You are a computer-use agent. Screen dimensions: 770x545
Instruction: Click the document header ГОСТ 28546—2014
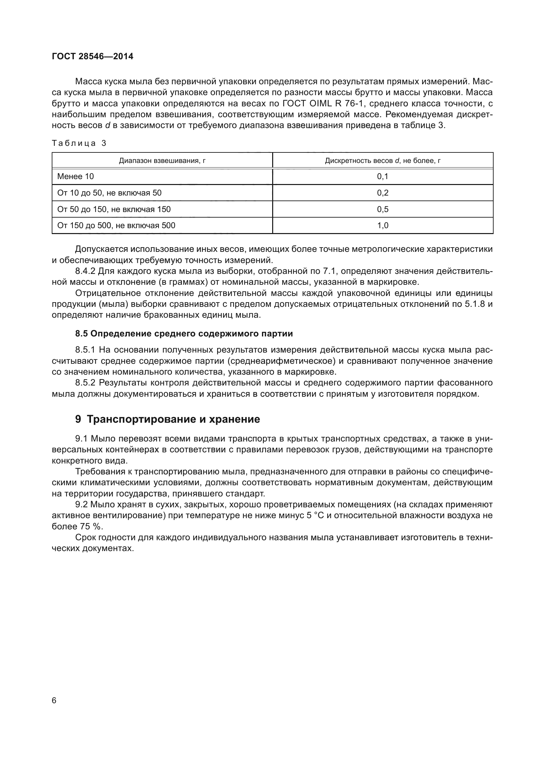point(93,56)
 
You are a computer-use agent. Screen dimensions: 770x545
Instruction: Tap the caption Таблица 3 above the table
point(79,143)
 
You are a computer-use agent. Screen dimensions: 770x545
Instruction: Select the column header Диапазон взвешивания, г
point(162,161)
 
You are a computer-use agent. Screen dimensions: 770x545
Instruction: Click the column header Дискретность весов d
point(383,161)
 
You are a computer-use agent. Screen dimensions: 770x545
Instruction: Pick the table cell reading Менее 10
point(75,176)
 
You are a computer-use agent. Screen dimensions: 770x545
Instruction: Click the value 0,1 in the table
point(383,176)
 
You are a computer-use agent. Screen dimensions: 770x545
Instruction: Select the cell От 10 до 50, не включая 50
point(109,193)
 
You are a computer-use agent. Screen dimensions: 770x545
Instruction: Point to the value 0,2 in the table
point(383,193)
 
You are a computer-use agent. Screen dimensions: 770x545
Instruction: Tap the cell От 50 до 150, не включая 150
point(114,209)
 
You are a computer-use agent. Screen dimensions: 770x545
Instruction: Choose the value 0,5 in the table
point(383,209)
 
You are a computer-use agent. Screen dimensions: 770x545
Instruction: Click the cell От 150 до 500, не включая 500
point(116,226)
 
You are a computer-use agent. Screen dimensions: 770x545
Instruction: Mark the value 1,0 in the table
point(383,226)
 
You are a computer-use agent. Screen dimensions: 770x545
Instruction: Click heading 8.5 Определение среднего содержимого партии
point(184,333)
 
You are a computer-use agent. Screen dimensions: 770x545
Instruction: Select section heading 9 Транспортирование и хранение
point(167,419)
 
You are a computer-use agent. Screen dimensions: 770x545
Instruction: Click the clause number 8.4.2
point(85,271)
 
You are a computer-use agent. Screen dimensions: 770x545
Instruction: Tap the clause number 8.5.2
point(85,383)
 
